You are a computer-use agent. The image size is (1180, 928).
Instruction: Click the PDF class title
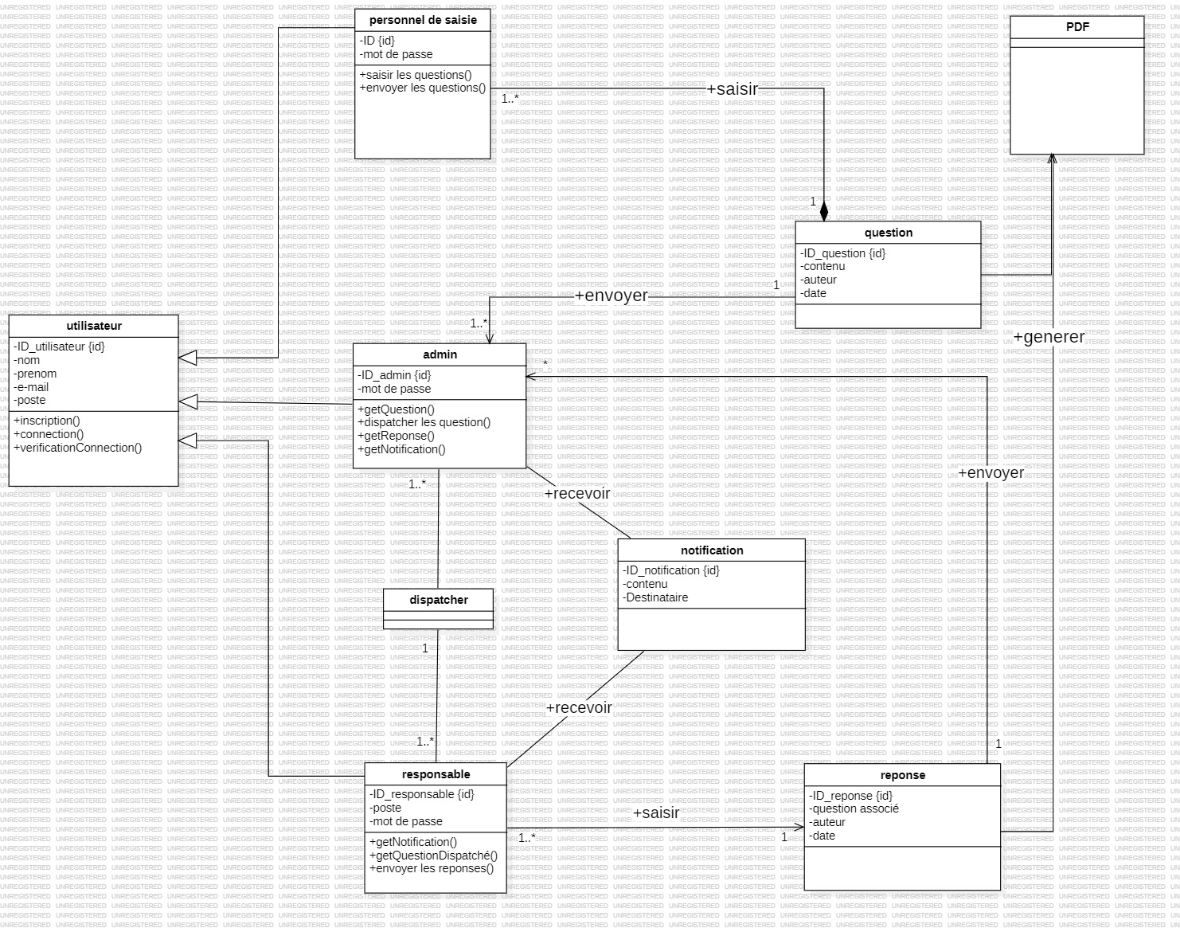coord(1077,27)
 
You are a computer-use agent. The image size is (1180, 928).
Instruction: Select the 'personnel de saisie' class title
coord(423,20)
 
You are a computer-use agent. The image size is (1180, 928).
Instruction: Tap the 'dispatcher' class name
coord(439,600)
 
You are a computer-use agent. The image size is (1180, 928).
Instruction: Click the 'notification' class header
coord(712,550)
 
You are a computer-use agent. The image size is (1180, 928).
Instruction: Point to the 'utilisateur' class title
coord(94,326)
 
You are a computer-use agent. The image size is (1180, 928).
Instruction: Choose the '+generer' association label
coord(1049,337)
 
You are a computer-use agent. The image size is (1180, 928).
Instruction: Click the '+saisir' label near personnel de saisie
coord(733,89)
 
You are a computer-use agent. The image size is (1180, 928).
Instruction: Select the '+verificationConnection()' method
coord(78,448)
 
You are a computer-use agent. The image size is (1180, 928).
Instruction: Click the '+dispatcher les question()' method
coord(424,422)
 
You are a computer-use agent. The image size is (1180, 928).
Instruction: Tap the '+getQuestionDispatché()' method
coord(433,855)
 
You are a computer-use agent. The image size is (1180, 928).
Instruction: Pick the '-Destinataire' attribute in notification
coord(655,597)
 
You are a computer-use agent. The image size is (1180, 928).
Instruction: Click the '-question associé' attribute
coord(854,809)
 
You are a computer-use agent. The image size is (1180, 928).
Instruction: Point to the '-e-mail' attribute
coord(31,387)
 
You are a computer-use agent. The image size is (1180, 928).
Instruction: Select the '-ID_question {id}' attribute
coord(842,253)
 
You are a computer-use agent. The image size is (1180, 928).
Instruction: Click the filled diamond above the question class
coord(824,211)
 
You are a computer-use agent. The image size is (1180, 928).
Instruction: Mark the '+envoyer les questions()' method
coord(423,88)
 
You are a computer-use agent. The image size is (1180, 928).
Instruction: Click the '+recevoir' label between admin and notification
coord(577,493)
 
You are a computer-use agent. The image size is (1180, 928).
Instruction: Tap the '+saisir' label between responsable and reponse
coord(656,812)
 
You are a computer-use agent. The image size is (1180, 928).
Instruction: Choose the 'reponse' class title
coord(902,775)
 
